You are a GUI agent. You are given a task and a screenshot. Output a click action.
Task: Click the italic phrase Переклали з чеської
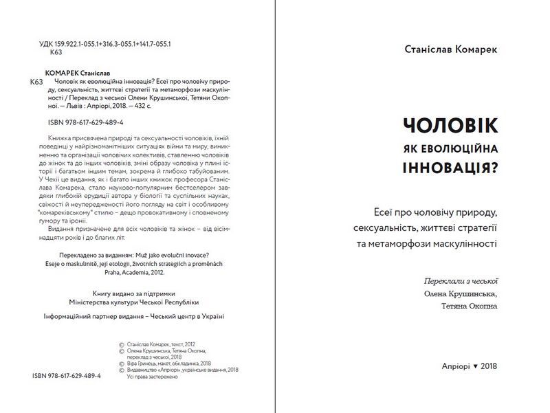[461, 281]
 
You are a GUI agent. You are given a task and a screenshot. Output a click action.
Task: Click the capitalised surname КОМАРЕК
[60, 72]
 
